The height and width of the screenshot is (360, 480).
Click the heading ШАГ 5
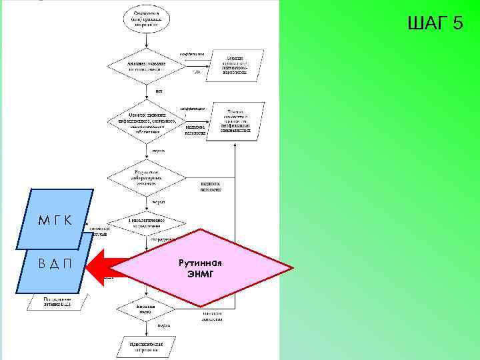[x=434, y=24]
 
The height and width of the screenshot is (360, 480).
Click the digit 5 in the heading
[x=457, y=24]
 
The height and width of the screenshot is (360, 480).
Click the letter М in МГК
[x=43, y=221]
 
